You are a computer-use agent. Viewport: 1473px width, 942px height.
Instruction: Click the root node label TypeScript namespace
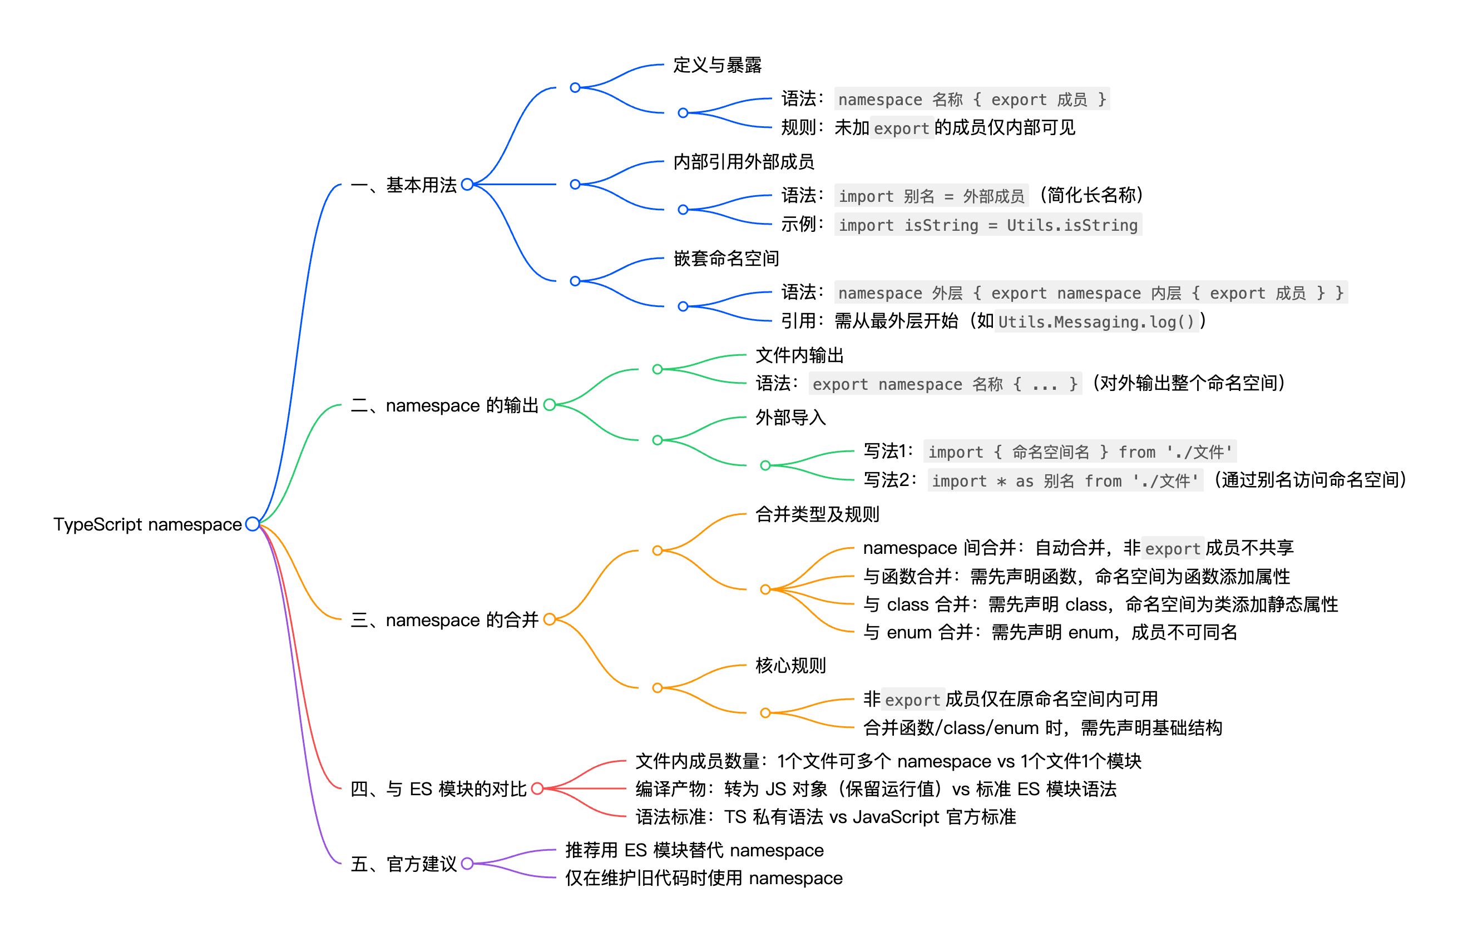coord(147,524)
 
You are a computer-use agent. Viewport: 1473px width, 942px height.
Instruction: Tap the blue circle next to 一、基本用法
coord(467,184)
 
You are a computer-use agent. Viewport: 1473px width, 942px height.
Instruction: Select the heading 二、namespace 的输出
coord(444,405)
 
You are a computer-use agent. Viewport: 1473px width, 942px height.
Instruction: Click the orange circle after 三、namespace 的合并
coord(550,619)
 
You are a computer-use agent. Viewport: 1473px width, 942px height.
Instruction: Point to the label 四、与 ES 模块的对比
coord(438,789)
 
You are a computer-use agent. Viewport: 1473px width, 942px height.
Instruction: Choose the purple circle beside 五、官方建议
coord(467,863)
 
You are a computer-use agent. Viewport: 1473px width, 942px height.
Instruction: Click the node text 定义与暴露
coord(717,65)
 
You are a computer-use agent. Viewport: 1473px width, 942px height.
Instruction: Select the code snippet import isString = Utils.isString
coord(987,225)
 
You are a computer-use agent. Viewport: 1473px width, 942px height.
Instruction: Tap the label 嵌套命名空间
coord(725,258)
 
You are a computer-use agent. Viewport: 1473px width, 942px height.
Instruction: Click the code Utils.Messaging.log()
coord(1096,322)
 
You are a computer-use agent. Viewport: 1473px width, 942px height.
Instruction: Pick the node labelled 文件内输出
coord(799,355)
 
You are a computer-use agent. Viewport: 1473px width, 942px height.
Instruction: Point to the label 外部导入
coord(790,417)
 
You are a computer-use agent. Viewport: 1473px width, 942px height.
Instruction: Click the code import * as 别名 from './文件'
coord(1064,481)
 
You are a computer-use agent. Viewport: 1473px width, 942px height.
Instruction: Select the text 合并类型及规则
coord(817,514)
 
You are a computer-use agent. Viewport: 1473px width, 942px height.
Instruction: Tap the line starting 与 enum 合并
coord(1050,632)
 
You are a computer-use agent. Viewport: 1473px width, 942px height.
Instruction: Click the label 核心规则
coord(790,665)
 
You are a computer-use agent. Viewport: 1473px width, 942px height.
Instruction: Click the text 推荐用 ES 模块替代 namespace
coord(694,850)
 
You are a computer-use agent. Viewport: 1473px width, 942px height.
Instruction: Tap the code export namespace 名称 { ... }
coord(945,384)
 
